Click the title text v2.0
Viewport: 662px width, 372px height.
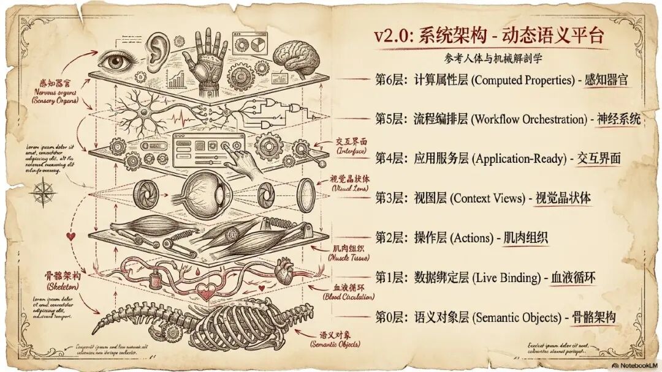396,35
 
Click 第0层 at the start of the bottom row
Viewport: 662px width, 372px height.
389,318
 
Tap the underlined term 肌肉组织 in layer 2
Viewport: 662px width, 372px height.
525,238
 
